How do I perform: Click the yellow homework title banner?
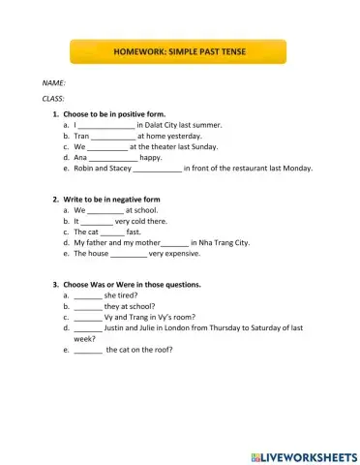click(179, 51)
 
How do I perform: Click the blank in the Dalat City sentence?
click(105, 125)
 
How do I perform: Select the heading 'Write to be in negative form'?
click(111, 199)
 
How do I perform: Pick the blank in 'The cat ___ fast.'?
click(112, 232)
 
